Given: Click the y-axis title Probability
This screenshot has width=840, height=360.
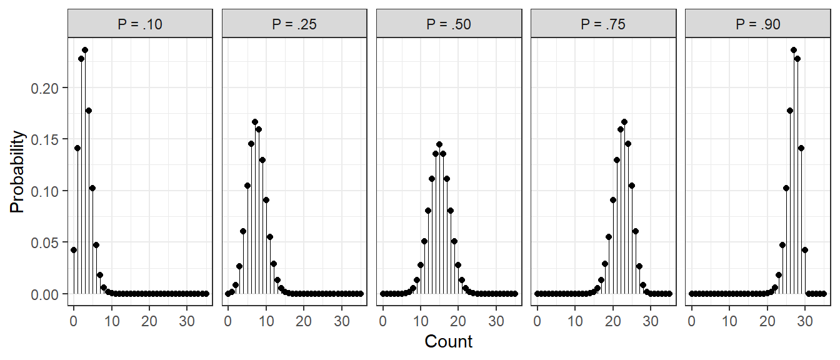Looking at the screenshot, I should [x=17, y=172].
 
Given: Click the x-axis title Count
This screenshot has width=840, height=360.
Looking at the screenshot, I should [x=449, y=342].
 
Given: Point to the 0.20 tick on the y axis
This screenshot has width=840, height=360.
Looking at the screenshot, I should [x=45, y=88].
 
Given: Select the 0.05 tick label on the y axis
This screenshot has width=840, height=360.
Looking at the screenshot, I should [x=45, y=242].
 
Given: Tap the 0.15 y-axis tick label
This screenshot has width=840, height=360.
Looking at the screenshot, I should [x=45, y=139].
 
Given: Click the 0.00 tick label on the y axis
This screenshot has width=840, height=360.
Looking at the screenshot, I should [x=45, y=294].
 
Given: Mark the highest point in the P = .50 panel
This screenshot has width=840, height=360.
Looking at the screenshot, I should [x=439, y=144].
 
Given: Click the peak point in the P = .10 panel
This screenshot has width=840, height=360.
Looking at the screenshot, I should [x=85, y=50].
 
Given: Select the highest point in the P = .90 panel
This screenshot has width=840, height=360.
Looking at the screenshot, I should [x=794, y=50].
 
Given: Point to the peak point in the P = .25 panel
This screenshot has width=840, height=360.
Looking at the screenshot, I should [x=255, y=122].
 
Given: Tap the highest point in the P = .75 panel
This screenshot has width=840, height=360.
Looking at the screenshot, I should [x=624, y=122].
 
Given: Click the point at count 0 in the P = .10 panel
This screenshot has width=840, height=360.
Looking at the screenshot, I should [x=74, y=250].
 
